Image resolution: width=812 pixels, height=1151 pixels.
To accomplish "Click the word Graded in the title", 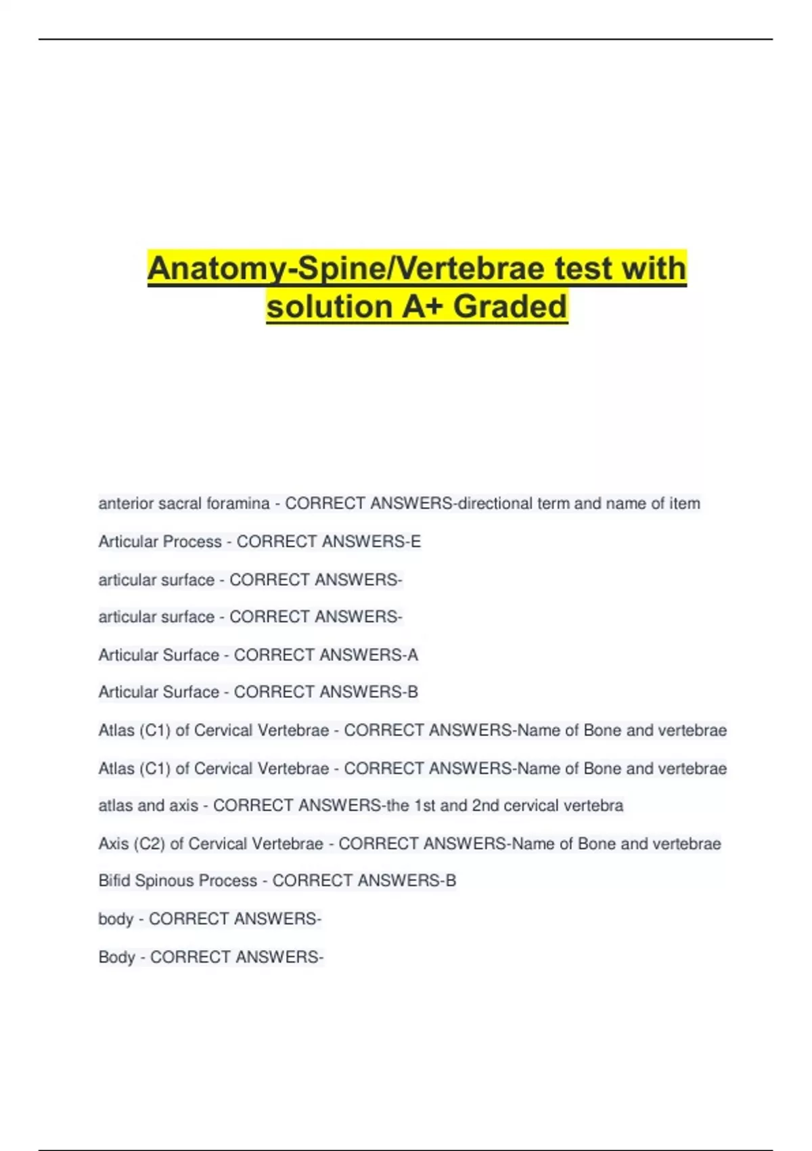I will click(510, 306).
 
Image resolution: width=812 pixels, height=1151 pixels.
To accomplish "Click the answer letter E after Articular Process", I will click(415, 542).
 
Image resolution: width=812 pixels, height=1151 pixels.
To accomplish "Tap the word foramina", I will click(238, 504).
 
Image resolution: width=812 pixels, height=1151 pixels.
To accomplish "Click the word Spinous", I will click(162, 881).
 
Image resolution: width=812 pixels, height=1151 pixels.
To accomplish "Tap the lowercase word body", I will click(116, 919).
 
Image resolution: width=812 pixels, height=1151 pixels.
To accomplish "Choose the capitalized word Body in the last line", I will click(116, 957).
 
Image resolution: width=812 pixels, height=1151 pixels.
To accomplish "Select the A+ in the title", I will click(423, 306).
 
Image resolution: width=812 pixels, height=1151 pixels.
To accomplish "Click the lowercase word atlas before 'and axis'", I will click(116, 806).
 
